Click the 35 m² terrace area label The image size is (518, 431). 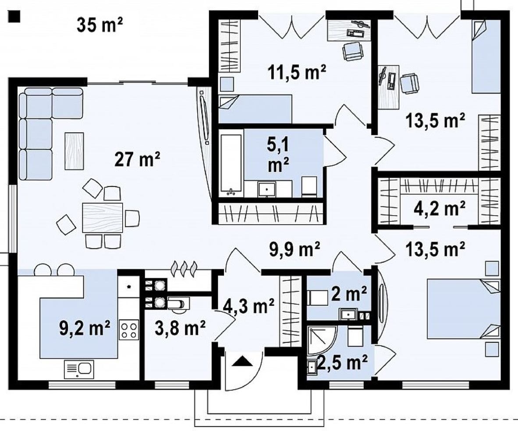coord(100,25)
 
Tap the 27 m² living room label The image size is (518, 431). coord(137,159)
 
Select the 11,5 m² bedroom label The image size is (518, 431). coord(297,72)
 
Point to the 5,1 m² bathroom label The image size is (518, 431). coord(278,155)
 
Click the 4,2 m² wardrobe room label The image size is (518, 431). coord(440,209)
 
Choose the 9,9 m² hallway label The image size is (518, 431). coord(294,249)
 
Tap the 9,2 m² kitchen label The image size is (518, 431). coord(85,328)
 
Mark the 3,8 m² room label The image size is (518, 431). coord(180,328)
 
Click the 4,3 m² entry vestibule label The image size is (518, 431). coord(248,306)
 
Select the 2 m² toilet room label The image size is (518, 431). coord(349,293)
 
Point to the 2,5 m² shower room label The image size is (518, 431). coord(342,363)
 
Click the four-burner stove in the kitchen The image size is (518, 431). coord(129,330)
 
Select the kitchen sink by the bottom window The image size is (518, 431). coord(79,369)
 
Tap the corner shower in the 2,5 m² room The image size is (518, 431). coord(322,341)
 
